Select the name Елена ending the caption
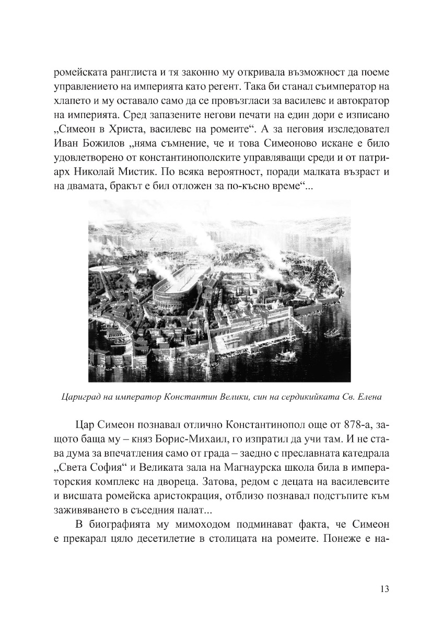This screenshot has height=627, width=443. coord(369,397)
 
